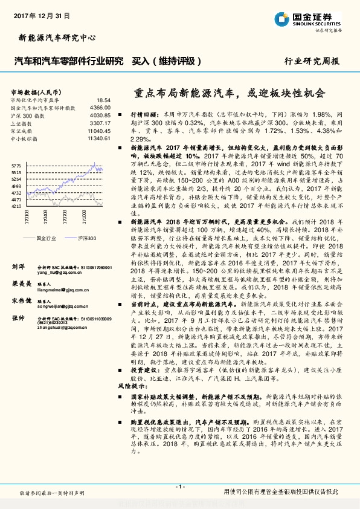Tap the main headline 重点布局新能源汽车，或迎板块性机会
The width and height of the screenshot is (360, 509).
229,94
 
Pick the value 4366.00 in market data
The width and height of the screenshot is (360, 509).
100,107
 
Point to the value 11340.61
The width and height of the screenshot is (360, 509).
98,138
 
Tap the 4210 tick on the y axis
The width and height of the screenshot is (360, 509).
16,206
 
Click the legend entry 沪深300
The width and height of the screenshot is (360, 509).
84,239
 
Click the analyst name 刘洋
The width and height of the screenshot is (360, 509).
18,265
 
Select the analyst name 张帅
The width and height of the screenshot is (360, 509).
18,317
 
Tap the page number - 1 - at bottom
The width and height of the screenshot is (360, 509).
179,487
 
